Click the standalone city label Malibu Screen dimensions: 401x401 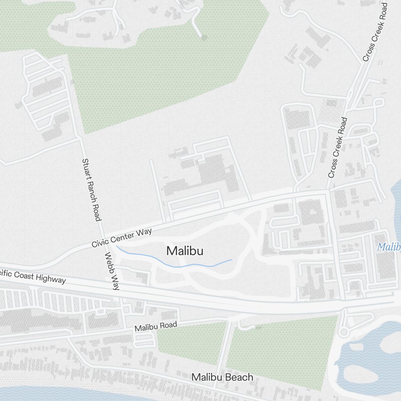(x=185, y=251)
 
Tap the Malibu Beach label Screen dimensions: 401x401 (x=222, y=377)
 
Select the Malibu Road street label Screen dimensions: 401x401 (x=156, y=326)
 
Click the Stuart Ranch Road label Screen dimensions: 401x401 (x=91, y=189)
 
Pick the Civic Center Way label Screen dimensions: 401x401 (x=121, y=238)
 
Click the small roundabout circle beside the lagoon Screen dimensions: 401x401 (x=343, y=332)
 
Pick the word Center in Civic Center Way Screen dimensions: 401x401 (x=123, y=237)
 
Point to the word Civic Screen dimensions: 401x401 (x=100, y=243)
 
